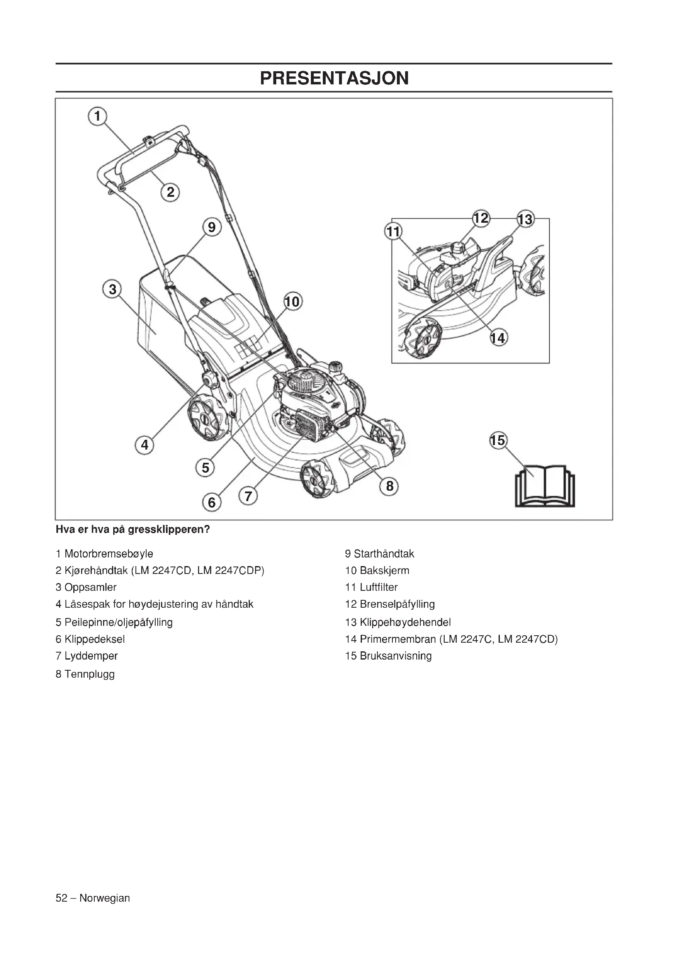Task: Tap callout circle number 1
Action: coord(97,116)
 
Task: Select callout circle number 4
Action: coord(144,445)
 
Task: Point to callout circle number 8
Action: coord(389,486)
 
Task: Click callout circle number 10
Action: coord(293,301)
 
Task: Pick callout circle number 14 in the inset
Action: coord(499,337)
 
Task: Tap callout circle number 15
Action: coord(498,441)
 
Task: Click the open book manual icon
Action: coord(545,486)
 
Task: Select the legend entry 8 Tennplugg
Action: coord(85,674)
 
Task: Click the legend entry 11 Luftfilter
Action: coord(371,587)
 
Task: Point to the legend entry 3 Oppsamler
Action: coord(86,587)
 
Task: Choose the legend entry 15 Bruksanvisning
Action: coord(388,656)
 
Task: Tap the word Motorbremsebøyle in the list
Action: coord(109,554)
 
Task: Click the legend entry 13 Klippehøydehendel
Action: coord(398,622)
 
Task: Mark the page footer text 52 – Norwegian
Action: coord(93,898)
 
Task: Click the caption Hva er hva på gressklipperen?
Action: coord(133,529)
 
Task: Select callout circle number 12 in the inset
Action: coord(480,218)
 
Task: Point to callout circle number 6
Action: coord(211,502)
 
